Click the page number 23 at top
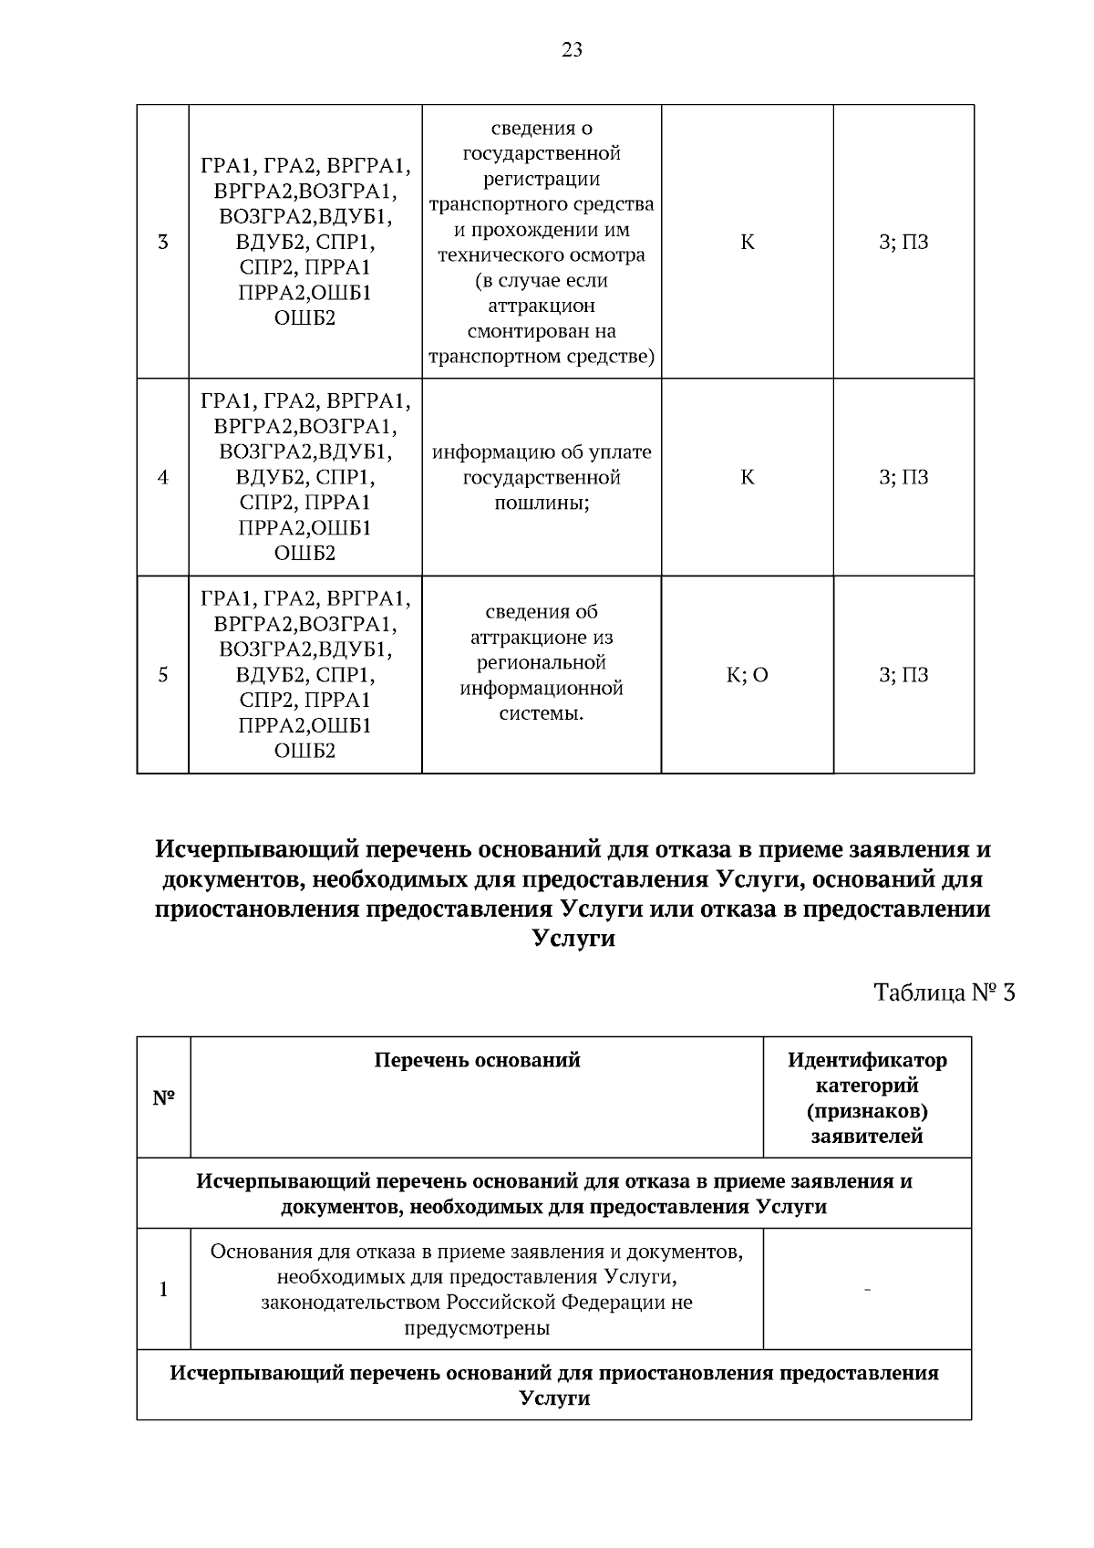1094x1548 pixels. [572, 51]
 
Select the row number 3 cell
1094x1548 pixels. [163, 243]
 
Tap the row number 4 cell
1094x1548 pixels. [163, 477]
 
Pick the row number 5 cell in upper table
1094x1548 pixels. [163, 675]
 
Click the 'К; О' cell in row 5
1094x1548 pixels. [747, 675]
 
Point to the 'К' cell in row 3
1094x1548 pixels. [747, 243]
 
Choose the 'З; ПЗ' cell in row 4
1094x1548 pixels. [903, 477]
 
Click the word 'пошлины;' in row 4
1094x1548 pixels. [542, 504]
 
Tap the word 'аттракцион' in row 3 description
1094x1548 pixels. [542, 306]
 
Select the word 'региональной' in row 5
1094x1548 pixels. [542, 662]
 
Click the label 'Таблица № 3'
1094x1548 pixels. [944, 992]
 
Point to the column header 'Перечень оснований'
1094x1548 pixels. [477, 1060]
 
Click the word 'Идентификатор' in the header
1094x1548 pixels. [867, 1060]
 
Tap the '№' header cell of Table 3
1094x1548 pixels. [163, 1097]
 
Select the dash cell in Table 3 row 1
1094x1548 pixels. [867, 1289]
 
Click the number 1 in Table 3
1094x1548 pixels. [163, 1289]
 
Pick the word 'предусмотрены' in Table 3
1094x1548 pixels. [477, 1327]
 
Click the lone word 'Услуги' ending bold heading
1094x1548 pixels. [572, 939]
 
